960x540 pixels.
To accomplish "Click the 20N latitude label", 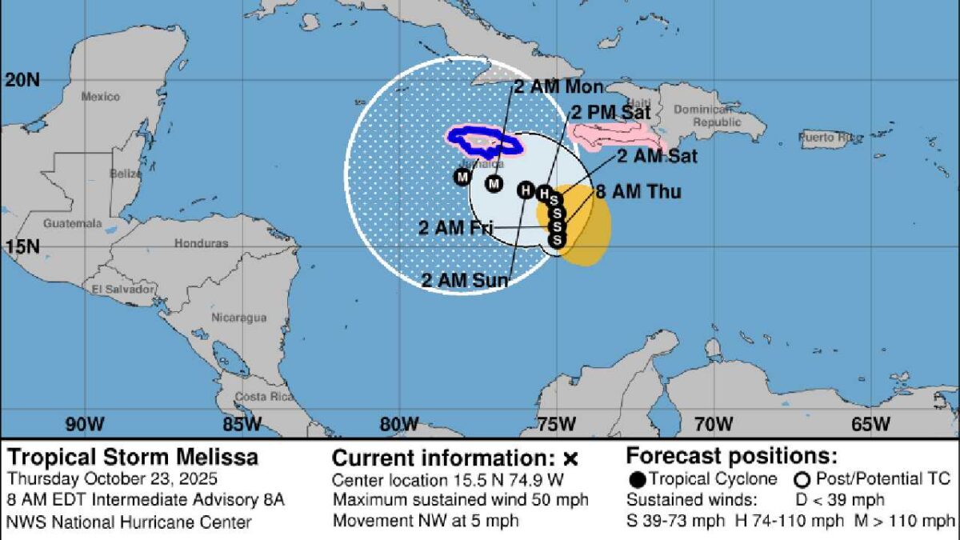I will point(22,80).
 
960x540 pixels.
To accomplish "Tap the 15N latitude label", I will point(22,246).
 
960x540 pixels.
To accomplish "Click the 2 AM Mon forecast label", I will point(558,87).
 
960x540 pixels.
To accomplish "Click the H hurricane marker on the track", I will point(526,190).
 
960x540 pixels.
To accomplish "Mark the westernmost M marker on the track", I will point(462,177).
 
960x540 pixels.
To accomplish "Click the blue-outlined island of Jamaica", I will point(484,142).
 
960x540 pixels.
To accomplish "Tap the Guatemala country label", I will point(73,223).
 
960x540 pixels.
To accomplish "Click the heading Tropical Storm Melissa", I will point(133,458).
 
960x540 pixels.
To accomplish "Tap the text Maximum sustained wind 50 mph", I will point(461,500).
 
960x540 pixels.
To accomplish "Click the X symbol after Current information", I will point(570,459).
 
